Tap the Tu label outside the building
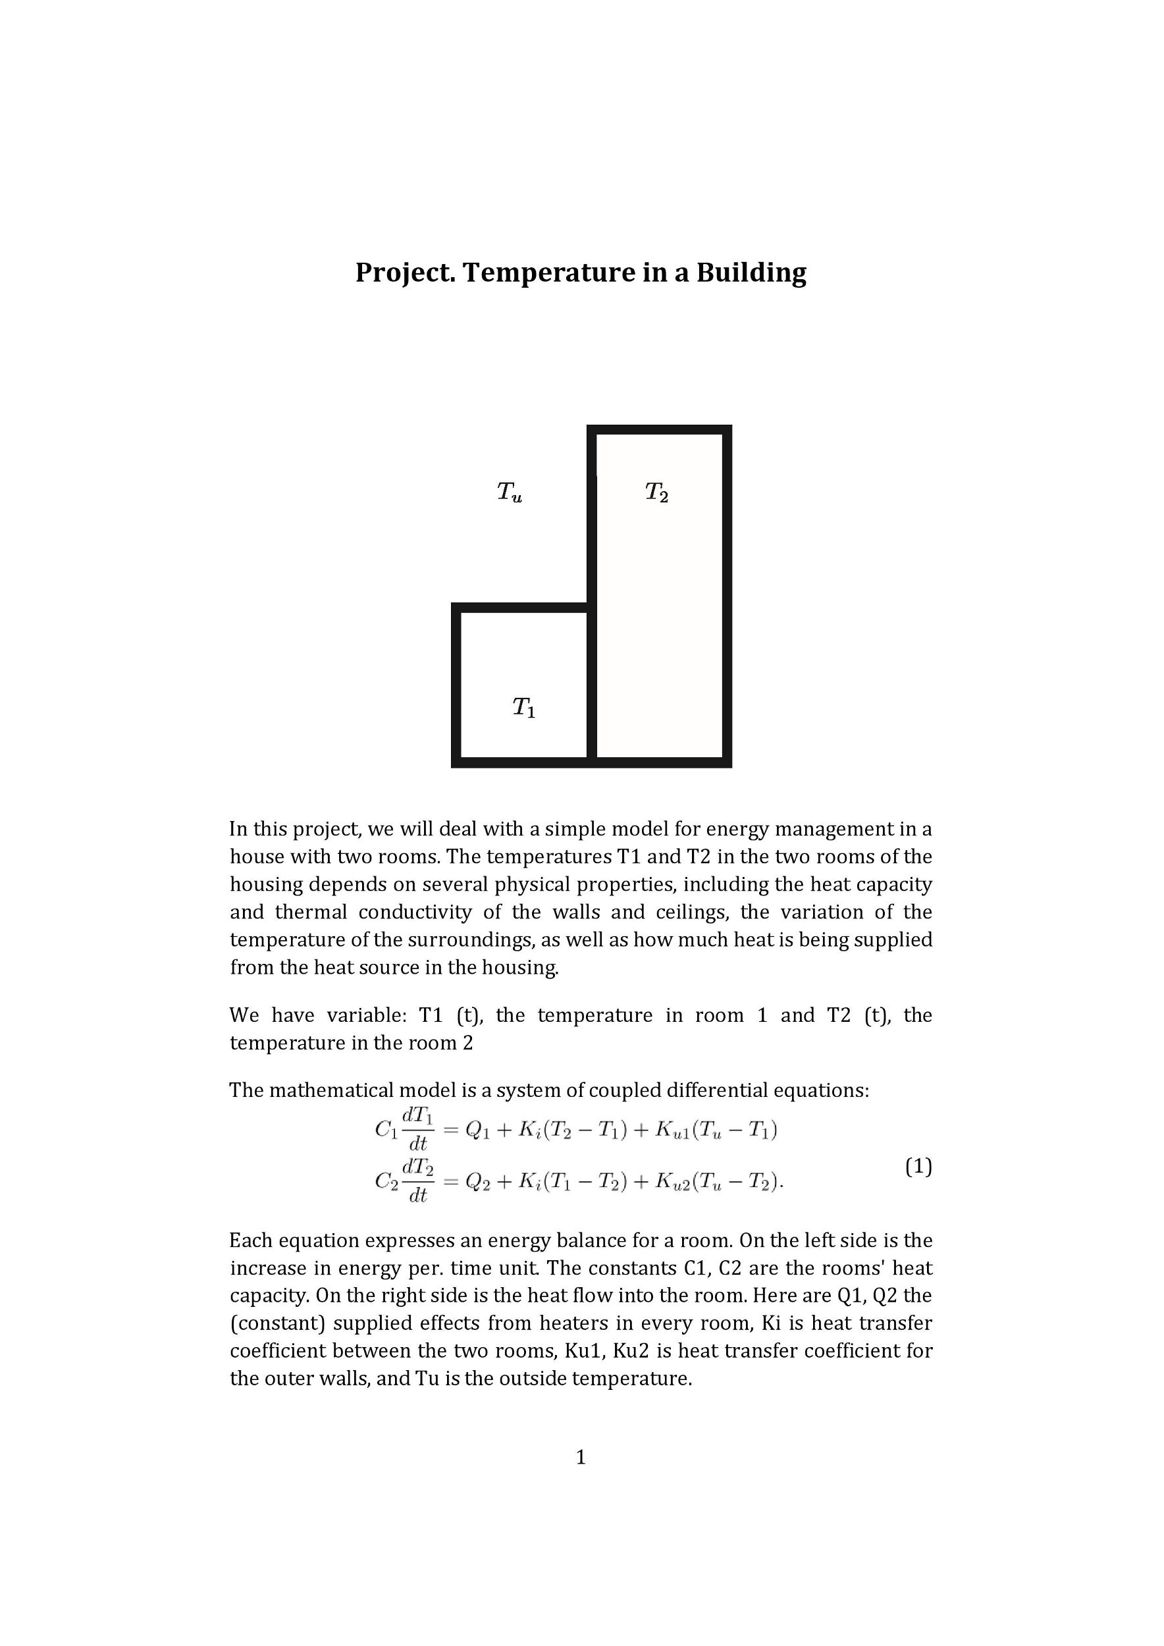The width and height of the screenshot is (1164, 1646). [510, 492]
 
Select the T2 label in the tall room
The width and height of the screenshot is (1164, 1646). [656, 492]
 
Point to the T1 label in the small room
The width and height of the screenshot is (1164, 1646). [524, 708]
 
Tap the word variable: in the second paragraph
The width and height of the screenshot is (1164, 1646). [367, 1015]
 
